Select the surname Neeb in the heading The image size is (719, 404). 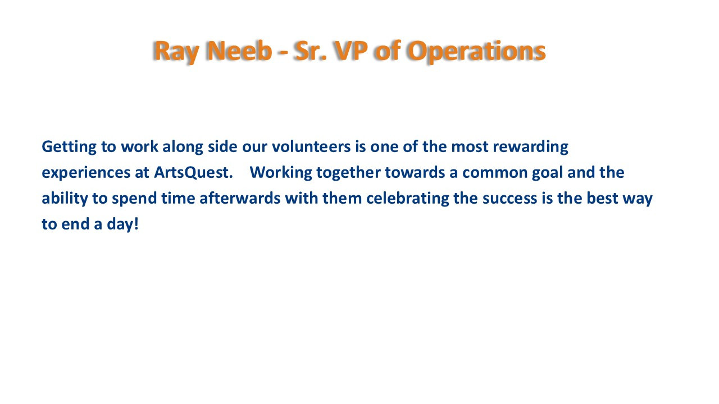tap(240, 50)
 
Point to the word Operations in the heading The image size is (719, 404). tap(476, 51)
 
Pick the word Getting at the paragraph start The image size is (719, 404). tap(69, 147)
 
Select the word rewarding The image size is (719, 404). tap(531, 147)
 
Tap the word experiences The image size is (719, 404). tap(86, 173)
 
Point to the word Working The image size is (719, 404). tap(281, 173)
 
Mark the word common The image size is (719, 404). tap(495, 173)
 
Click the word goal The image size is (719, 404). tap(548, 173)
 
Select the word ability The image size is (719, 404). tap(65, 199)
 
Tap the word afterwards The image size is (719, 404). tap(240, 198)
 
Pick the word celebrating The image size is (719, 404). tap(408, 199)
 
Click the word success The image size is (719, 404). tap(509, 199)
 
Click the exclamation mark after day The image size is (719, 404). tap(136, 224)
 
